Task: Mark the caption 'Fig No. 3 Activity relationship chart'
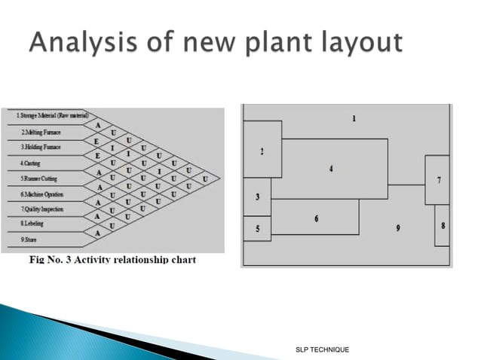point(112,260)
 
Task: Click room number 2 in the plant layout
point(262,151)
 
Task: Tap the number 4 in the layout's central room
point(331,168)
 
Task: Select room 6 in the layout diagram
point(316,218)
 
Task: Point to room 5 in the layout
point(258,228)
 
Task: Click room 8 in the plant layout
point(443,224)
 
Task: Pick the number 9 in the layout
point(398,227)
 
